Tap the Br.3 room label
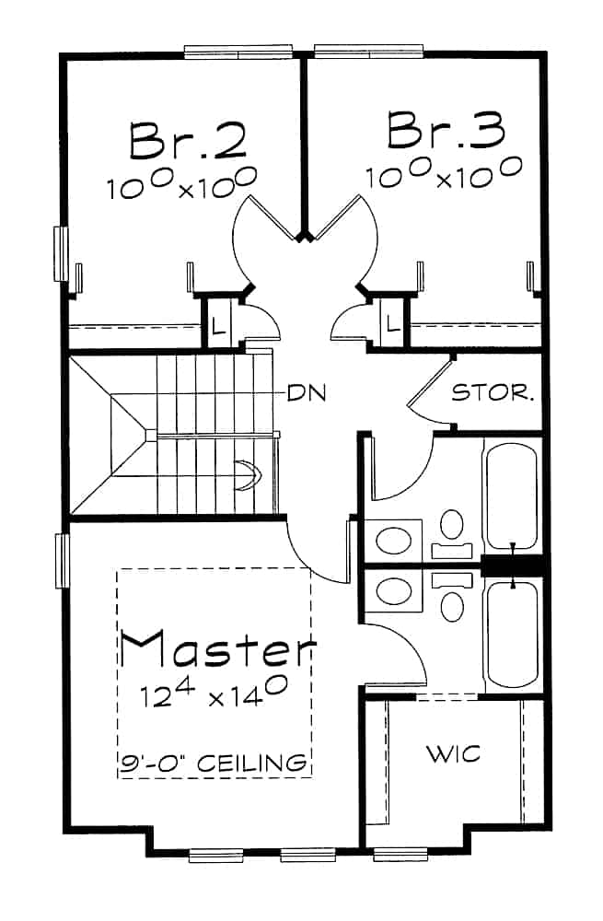446,130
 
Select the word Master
217,649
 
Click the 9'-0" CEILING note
214,764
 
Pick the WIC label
453,754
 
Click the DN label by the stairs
307,392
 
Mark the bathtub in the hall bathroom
511,497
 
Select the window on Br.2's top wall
238,52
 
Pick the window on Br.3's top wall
368,52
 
